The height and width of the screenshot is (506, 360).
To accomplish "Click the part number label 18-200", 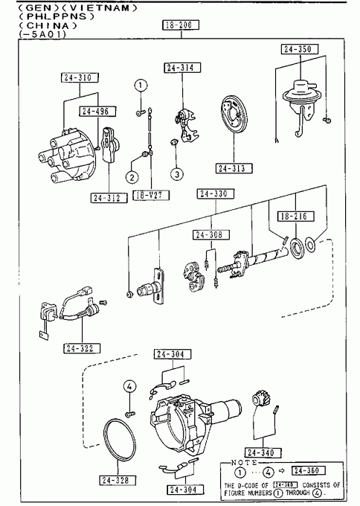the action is [x=181, y=25].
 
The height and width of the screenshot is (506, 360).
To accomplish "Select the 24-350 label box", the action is [x=300, y=49].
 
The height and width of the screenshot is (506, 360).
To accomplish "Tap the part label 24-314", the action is [x=182, y=68].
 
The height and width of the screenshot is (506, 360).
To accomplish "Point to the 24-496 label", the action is [x=97, y=111].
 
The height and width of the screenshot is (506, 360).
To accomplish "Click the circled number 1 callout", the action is [x=141, y=86].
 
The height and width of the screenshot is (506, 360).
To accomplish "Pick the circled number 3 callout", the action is [x=177, y=174].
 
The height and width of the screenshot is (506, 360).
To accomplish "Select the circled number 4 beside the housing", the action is [x=129, y=386].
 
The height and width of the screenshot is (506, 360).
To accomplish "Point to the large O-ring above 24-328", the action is [x=119, y=441].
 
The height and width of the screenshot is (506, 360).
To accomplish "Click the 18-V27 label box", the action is [x=151, y=195].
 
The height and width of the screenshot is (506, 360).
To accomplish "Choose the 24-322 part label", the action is [x=82, y=348].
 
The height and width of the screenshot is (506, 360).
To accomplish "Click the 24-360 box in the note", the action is [x=308, y=470].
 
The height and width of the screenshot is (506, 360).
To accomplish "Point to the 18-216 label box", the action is [x=296, y=216].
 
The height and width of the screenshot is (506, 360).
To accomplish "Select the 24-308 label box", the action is [x=211, y=234].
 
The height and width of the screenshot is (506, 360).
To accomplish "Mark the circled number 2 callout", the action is [x=132, y=177].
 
